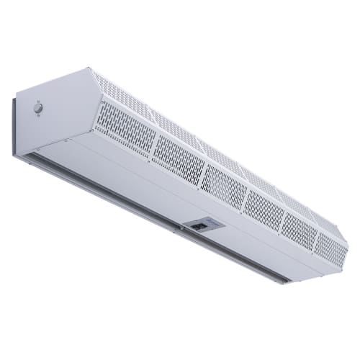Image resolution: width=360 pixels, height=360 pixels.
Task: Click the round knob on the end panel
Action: pyautogui.click(x=37, y=109)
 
